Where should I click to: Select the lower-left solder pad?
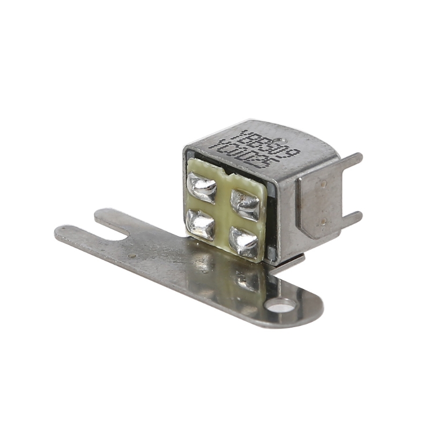coord(199,223)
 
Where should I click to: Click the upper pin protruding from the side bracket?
coord(351,159)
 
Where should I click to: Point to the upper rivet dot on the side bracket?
coord(323,183)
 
